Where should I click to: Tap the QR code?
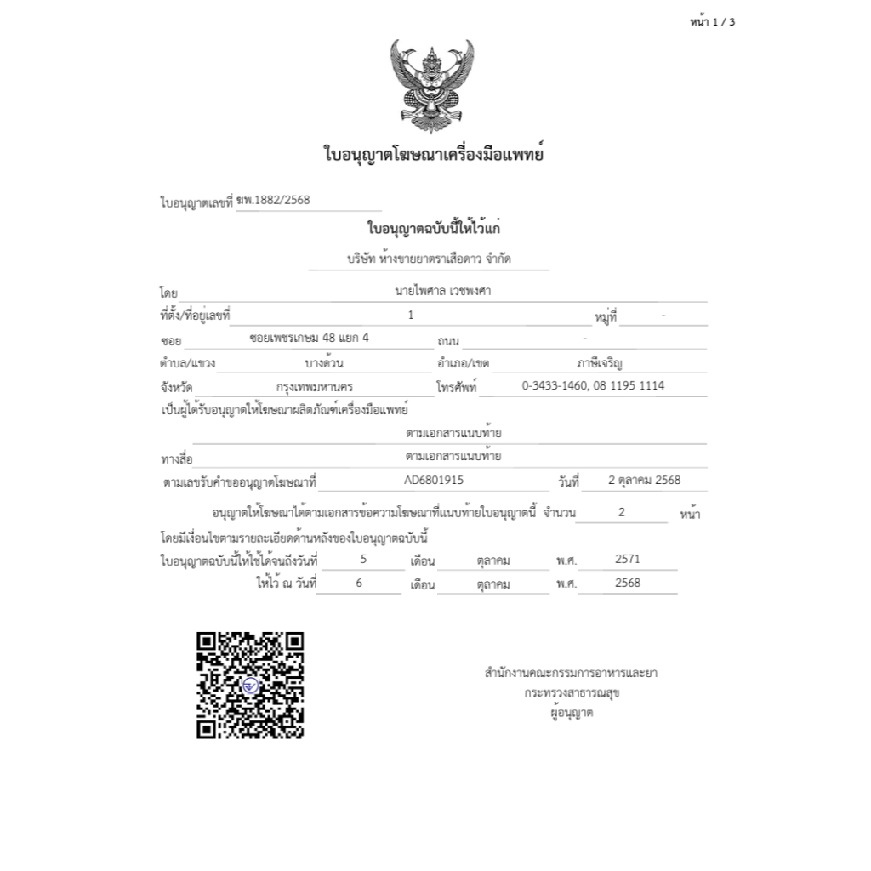pos(250,685)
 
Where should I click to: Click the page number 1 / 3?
pos(712,22)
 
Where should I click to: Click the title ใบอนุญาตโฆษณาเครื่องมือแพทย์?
pos(433,155)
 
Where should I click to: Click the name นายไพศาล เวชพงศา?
pos(443,291)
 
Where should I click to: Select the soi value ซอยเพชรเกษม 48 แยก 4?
pos(310,338)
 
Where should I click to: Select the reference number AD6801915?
pos(434,480)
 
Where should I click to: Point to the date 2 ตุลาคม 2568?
pos(644,480)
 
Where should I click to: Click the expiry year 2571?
pos(627,559)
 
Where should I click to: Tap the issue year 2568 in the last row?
pos(627,583)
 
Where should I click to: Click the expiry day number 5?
pos(363,559)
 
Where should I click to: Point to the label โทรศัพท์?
pos(457,388)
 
